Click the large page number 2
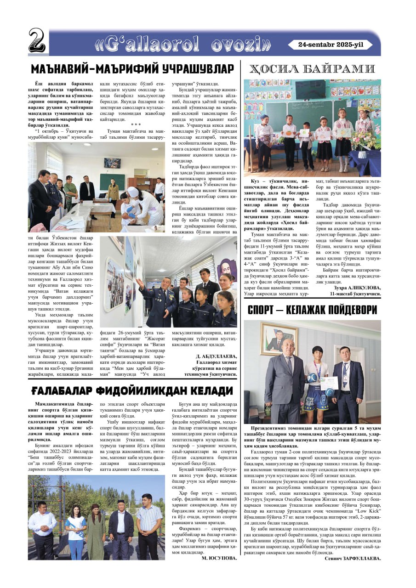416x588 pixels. point(37,41)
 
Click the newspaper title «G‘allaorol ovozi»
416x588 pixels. point(183,44)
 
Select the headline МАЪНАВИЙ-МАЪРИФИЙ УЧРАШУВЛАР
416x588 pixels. point(133,69)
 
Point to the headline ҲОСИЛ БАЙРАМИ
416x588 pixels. point(312,69)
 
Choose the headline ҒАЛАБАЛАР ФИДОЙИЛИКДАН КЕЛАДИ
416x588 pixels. point(132,391)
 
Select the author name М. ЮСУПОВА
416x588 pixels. point(219,559)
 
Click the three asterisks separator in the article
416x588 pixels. point(136,124)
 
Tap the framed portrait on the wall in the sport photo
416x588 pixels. point(279,338)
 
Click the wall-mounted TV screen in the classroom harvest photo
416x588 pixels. point(310,90)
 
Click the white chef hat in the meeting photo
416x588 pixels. point(133,191)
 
